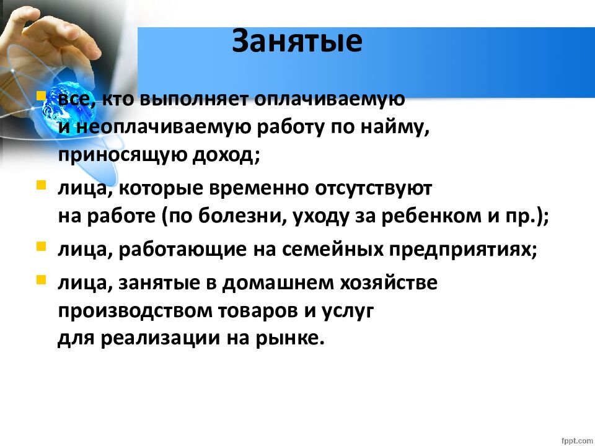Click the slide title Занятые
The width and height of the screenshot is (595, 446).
coord(297,41)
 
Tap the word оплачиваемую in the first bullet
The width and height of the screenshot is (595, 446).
coord(329,100)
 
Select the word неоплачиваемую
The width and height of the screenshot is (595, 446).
coord(163,128)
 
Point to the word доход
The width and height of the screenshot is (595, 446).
coord(226,155)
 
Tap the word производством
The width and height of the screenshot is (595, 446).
coord(135,311)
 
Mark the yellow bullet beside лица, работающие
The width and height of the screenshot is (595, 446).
coord(41,247)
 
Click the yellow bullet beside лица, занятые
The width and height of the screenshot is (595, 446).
coord(41,280)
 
